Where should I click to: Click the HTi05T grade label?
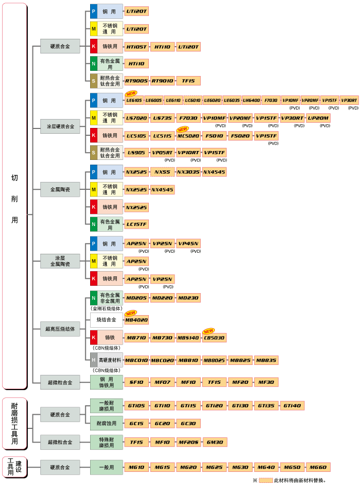137,47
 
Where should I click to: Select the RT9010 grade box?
162,81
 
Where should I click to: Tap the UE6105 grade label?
134,100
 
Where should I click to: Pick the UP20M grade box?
318,117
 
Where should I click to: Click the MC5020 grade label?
189,136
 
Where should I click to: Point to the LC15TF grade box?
137,224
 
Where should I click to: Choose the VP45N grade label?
189,243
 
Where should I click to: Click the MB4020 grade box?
137,319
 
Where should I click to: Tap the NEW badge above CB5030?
209,331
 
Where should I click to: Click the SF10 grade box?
137,382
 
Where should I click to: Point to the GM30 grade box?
215,442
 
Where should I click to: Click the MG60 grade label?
318,467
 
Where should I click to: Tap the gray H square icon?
94,360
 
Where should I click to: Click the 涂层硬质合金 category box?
60,126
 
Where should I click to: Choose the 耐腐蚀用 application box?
106,423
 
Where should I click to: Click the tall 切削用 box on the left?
15,196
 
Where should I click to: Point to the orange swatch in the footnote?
266,480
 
